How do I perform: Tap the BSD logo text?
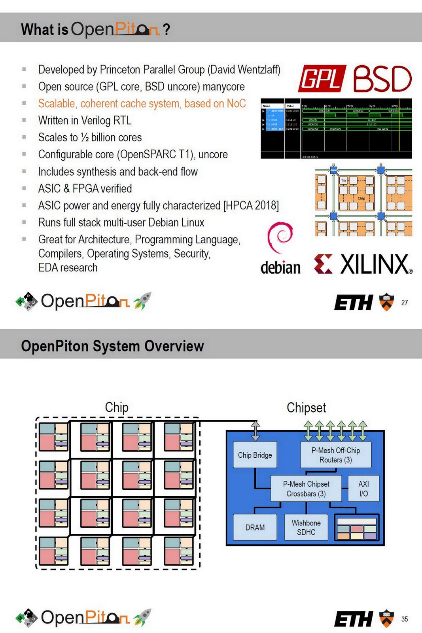pos(382,79)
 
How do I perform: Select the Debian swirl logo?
pos(280,237)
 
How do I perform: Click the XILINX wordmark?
pos(375,265)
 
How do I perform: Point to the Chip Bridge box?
pos(255,455)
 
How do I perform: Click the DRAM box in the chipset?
pos(255,527)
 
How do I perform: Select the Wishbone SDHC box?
pos(306,527)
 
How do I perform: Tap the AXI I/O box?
pos(363,489)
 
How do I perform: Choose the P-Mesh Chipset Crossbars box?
pos(306,489)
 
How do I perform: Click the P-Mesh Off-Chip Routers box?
pos(335,455)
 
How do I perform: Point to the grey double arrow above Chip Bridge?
pos(255,431)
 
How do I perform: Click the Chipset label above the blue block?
pos(306,407)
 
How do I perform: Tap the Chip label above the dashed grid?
pos(117,407)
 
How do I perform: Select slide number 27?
pos(404,303)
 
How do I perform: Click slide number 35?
pos(404,619)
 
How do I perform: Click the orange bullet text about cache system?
pos(142,104)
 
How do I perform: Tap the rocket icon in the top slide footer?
pos(142,301)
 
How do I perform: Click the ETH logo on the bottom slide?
pos(353,619)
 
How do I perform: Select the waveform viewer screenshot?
pos(336,129)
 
